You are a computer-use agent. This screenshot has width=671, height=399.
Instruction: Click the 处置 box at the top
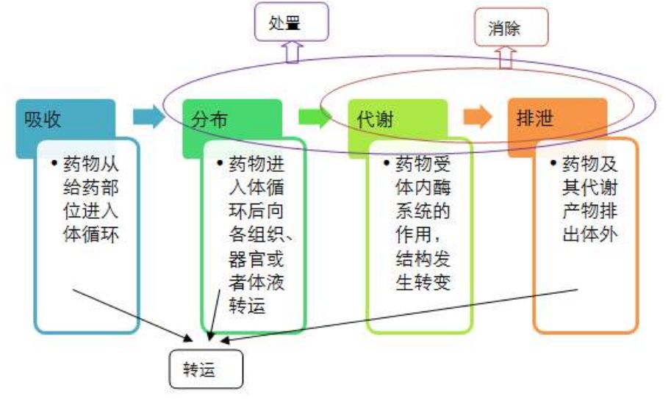(291, 24)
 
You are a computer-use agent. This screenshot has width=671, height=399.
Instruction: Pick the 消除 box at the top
(511, 28)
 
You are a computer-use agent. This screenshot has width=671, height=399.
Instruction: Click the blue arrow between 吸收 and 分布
(149, 118)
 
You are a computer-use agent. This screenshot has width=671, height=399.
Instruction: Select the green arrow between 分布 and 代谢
(315, 118)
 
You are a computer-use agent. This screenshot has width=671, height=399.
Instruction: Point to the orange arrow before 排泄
(477, 118)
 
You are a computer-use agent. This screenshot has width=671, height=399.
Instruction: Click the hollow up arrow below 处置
(293, 51)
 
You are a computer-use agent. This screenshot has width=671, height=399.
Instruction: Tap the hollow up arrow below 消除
(505, 57)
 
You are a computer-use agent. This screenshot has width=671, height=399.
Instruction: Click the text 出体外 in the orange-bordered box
(590, 235)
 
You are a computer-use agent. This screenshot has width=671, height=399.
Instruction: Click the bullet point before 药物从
(54, 165)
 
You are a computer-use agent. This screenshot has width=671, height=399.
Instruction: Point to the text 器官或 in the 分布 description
(256, 259)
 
